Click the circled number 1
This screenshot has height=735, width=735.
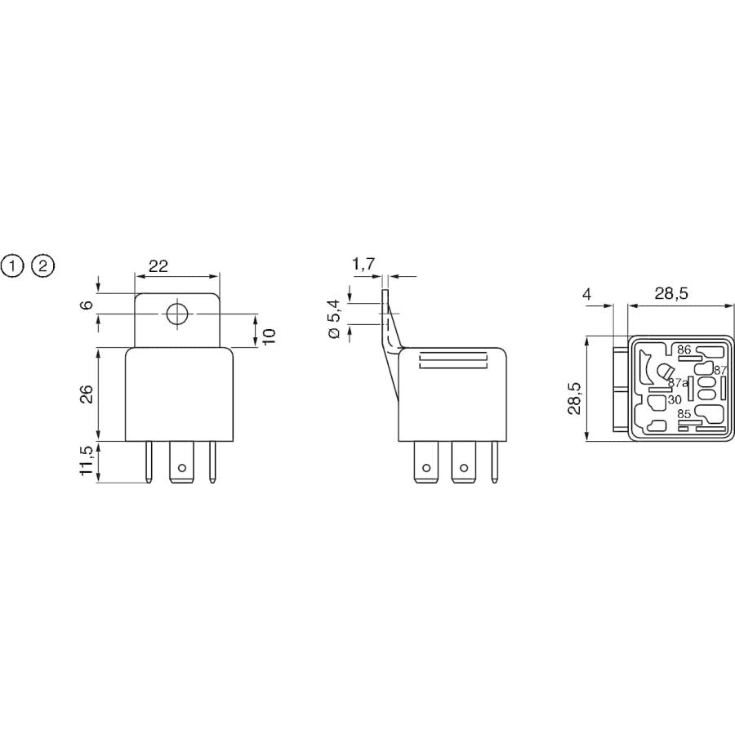12,266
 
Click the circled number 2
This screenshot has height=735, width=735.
42,266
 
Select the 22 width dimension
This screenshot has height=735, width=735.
158,266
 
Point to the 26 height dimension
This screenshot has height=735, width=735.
87,394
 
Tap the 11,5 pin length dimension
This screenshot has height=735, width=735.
87,461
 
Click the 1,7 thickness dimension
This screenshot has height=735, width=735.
363,264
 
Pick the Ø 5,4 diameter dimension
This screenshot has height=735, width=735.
336,320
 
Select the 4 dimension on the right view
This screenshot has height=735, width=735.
586,294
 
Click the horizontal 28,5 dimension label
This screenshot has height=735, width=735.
670,294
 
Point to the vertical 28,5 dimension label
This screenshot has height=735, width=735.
574,398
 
